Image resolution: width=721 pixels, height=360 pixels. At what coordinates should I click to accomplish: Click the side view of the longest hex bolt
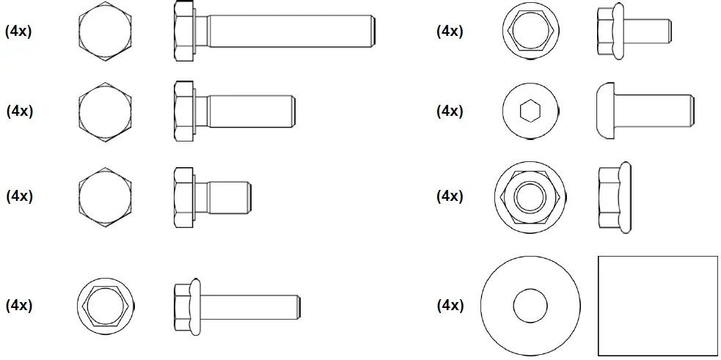click(x=276, y=32)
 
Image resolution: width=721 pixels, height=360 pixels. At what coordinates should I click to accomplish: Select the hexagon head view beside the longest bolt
click(x=106, y=32)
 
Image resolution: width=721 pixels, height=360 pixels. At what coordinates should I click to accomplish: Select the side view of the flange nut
click(x=614, y=196)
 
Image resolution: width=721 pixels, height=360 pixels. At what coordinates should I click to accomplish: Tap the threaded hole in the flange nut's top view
click(x=529, y=196)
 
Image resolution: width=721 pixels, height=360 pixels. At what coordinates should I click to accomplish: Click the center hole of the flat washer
click(x=530, y=305)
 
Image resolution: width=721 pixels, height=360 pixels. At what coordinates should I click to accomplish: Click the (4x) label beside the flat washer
click(x=450, y=305)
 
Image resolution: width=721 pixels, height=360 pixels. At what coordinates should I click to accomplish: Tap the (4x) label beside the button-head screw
click(x=450, y=111)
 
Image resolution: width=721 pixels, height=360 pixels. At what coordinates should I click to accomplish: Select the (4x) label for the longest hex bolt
click(x=18, y=32)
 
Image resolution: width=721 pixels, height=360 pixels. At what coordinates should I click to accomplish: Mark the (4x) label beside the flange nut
click(x=450, y=196)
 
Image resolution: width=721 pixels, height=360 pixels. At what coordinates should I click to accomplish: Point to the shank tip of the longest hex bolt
click(x=375, y=32)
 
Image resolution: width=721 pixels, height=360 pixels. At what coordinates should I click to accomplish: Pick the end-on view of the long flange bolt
click(x=106, y=304)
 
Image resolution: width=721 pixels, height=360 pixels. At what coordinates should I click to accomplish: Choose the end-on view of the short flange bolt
click(x=529, y=32)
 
